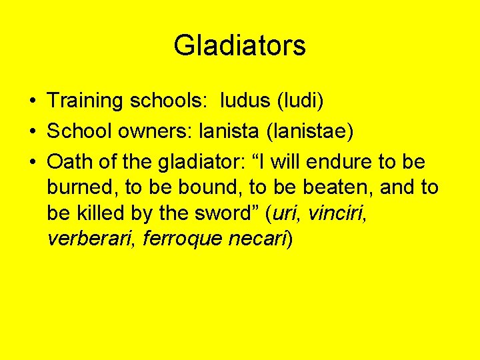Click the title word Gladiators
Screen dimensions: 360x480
click(239, 46)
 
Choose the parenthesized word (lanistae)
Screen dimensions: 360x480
click(309, 131)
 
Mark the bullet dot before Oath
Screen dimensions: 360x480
click(33, 162)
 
